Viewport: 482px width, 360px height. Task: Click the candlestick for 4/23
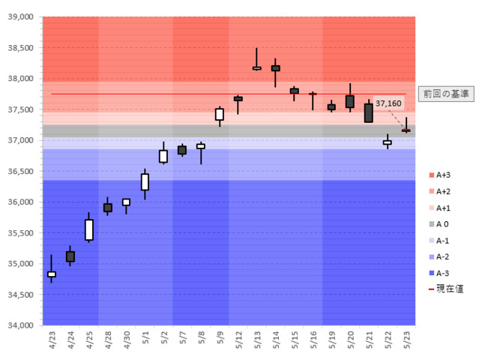52,274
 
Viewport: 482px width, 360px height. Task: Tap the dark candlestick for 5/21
369,112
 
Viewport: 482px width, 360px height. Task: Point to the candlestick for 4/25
89,229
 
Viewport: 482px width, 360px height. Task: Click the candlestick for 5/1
145,181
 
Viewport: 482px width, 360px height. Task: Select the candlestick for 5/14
275,68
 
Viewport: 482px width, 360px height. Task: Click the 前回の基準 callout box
445,94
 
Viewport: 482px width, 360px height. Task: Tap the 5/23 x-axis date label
406,341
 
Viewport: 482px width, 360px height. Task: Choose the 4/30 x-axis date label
127,341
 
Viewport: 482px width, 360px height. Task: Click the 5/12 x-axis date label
238,341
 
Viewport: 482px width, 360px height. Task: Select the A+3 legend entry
442,175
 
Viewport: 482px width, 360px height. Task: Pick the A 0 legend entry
442,224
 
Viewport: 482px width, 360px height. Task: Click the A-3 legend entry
442,274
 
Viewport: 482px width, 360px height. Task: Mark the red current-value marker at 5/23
406,130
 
